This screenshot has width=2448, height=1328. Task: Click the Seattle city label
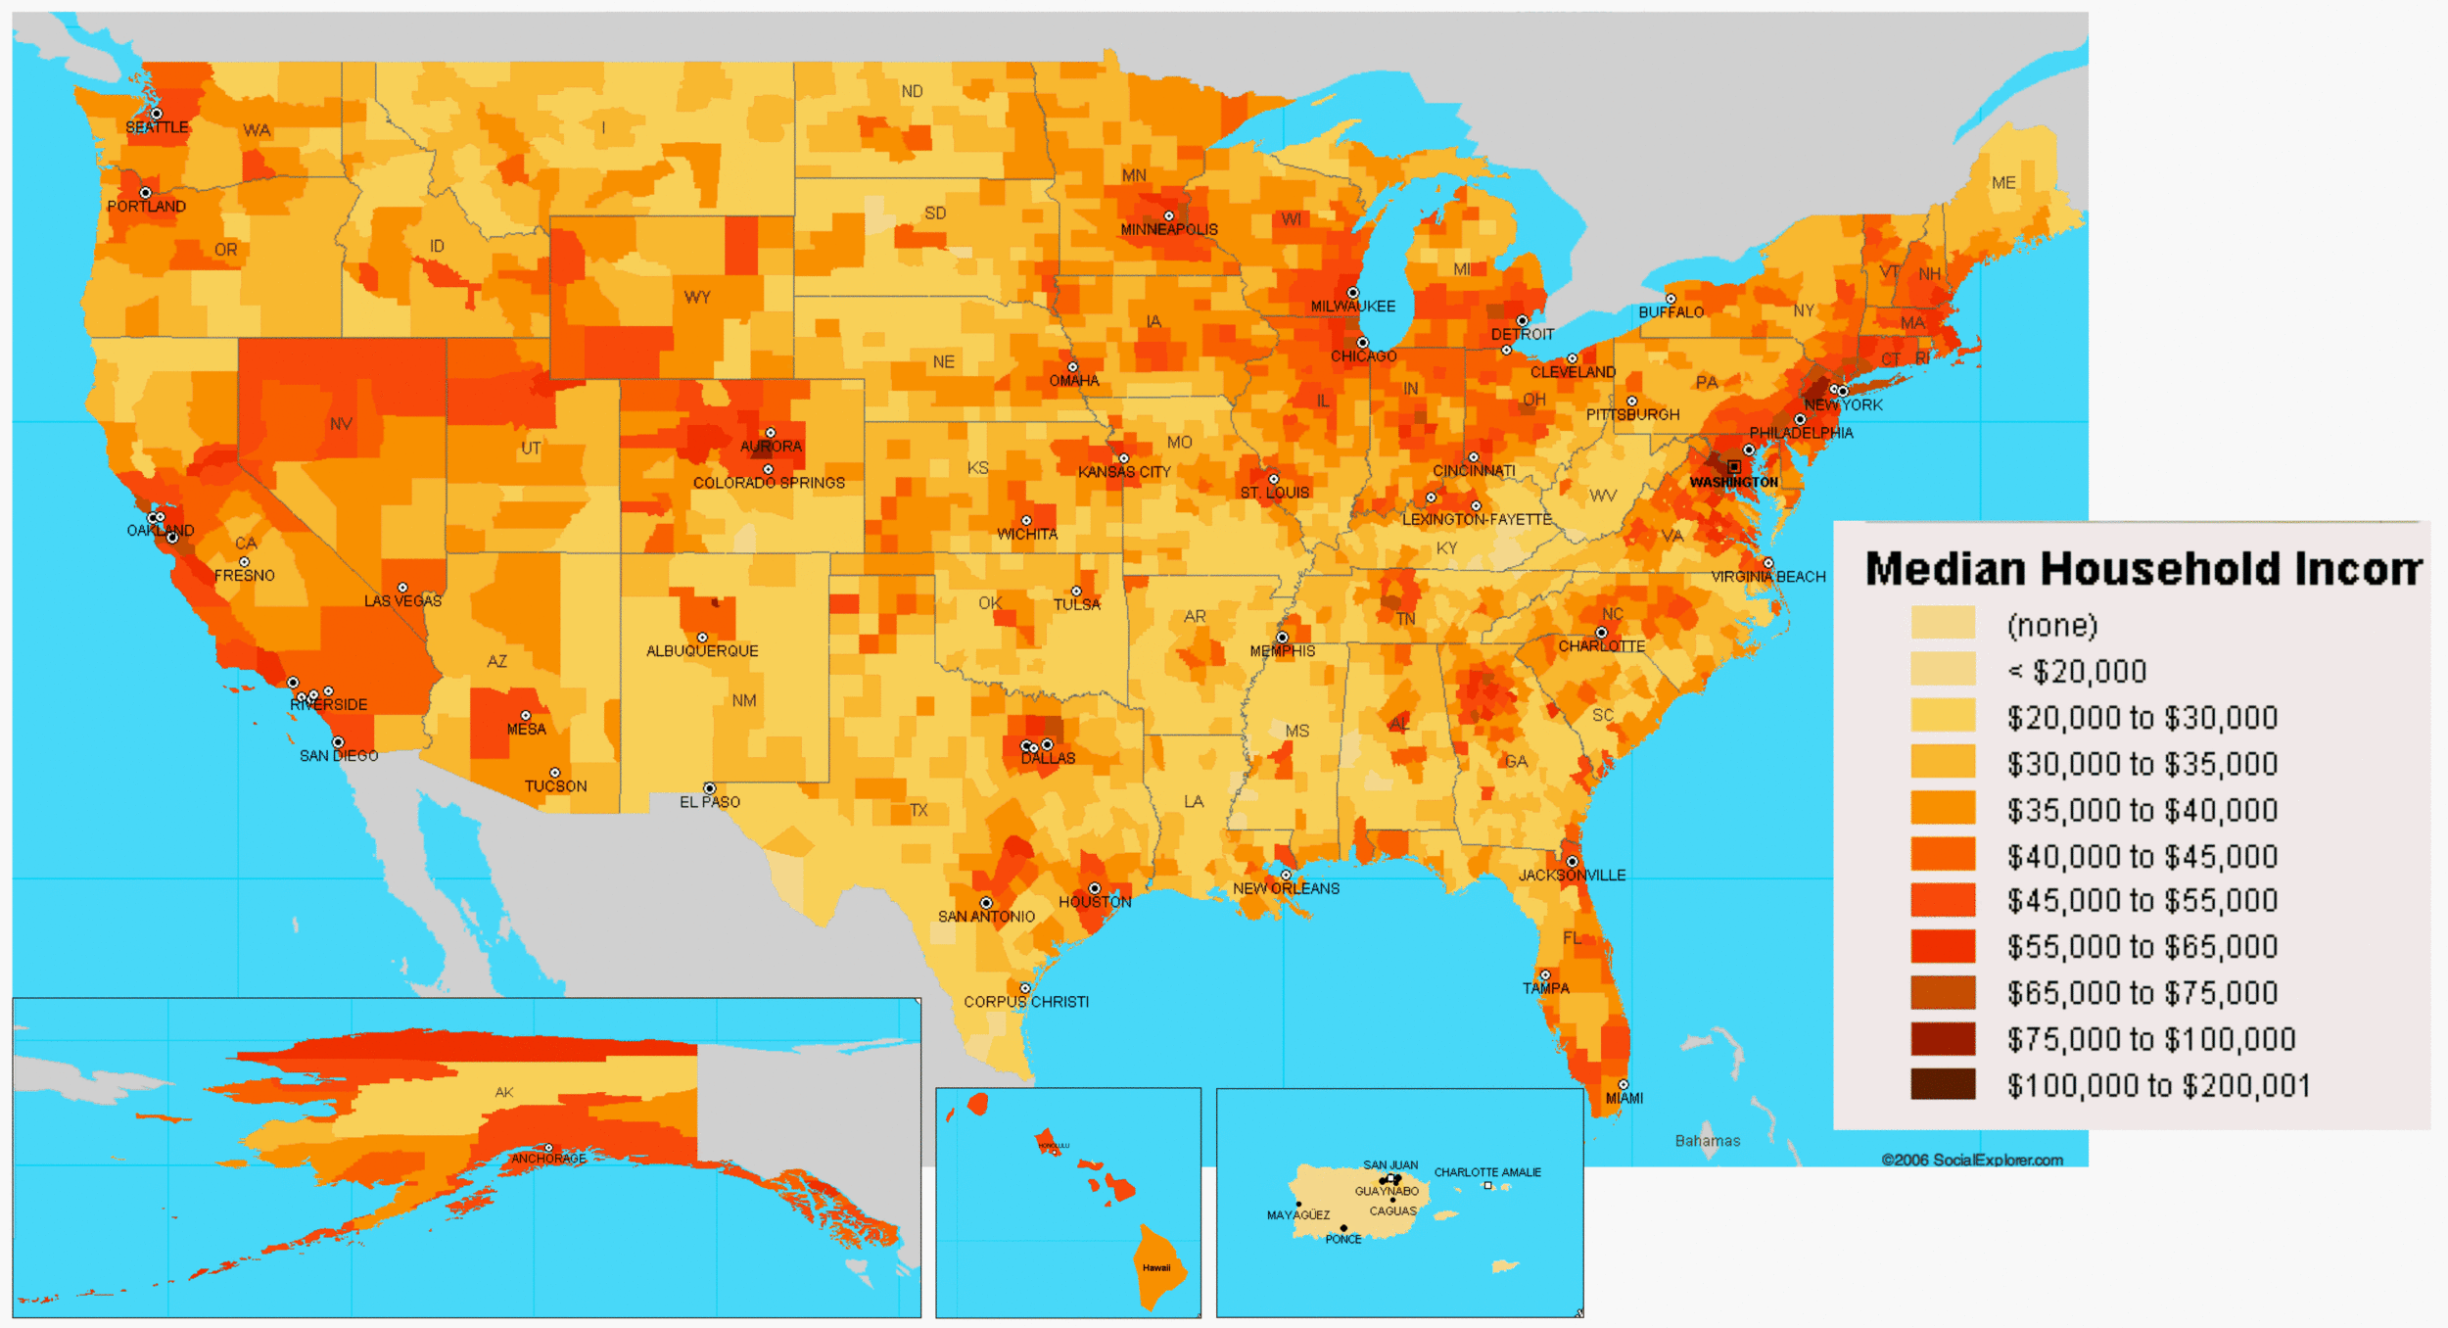157,127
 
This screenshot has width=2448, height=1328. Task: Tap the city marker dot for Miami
1623,1085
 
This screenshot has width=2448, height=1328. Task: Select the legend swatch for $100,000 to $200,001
1943,1085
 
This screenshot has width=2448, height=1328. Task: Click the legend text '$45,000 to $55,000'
2142,901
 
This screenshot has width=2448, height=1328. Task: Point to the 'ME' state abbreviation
2003,183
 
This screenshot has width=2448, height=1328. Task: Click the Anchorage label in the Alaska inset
548,1159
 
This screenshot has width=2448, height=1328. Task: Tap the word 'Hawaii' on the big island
1156,1267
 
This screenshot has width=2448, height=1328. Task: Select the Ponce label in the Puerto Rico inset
1343,1240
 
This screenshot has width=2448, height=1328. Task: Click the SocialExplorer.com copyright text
1972,1161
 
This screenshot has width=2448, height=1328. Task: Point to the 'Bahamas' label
1708,1141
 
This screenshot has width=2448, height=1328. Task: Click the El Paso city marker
709,788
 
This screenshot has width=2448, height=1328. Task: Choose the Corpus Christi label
1026,1002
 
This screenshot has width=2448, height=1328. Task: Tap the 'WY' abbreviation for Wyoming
697,297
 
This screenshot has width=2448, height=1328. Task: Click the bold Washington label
1733,483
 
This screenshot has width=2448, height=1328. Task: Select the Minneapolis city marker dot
1168,216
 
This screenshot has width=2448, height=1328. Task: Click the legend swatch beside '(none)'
1943,623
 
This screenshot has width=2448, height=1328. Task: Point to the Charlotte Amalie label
1487,1172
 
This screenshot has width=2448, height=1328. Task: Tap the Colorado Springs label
769,483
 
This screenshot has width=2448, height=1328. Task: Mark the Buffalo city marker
1671,299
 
